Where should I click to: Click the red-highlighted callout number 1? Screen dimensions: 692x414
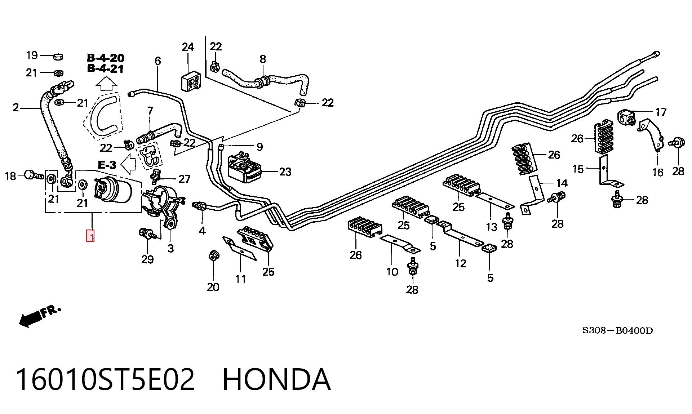[x=90, y=236]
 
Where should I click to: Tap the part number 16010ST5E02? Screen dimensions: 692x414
[x=105, y=379]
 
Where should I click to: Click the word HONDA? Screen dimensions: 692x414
[x=276, y=379]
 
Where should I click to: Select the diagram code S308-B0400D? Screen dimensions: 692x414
[x=617, y=330]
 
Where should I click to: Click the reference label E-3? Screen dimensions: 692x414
[x=107, y=165]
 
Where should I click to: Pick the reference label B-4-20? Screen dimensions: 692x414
[x=106, y=58]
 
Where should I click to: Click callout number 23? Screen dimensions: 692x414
[x=285, y=172]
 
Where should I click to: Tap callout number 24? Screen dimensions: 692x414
[x=188, y=47]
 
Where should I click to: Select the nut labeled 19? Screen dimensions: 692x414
[x=58, y=57]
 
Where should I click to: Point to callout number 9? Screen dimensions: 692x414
[x=259, y=147]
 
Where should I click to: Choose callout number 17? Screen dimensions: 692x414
[x=661, y=112]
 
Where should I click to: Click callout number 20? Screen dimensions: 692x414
[x=213, y=287]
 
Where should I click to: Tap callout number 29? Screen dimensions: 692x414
[x=147, y=259]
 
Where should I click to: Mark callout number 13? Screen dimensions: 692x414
[x=492, y=227]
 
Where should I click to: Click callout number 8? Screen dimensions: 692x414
[x=263, y=59]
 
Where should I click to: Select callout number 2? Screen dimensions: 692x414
[x=15, y=107]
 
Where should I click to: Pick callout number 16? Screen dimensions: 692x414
[x=658, y=173]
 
